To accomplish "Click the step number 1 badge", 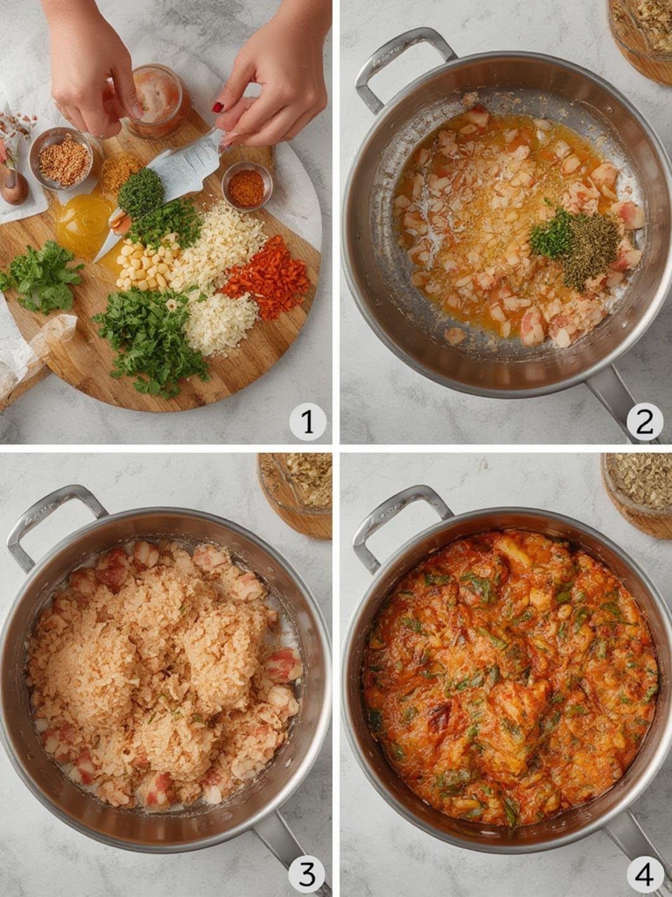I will tap(307, 421).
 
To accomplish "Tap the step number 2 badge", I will tap(645, 421).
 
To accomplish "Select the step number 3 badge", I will tap(307, 874).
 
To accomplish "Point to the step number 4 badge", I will tap(645, 874).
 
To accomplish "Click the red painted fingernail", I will tap(217, 107).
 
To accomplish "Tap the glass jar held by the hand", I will tap(158, 101).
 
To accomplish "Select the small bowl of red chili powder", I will tap(247, 186).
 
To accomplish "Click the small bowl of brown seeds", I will tap(63, 159).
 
